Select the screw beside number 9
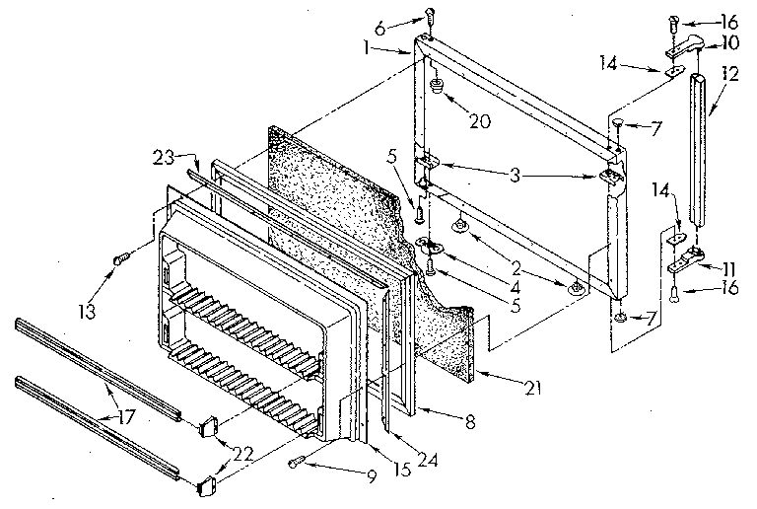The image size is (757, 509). (297, 462)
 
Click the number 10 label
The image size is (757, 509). (729, 42)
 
